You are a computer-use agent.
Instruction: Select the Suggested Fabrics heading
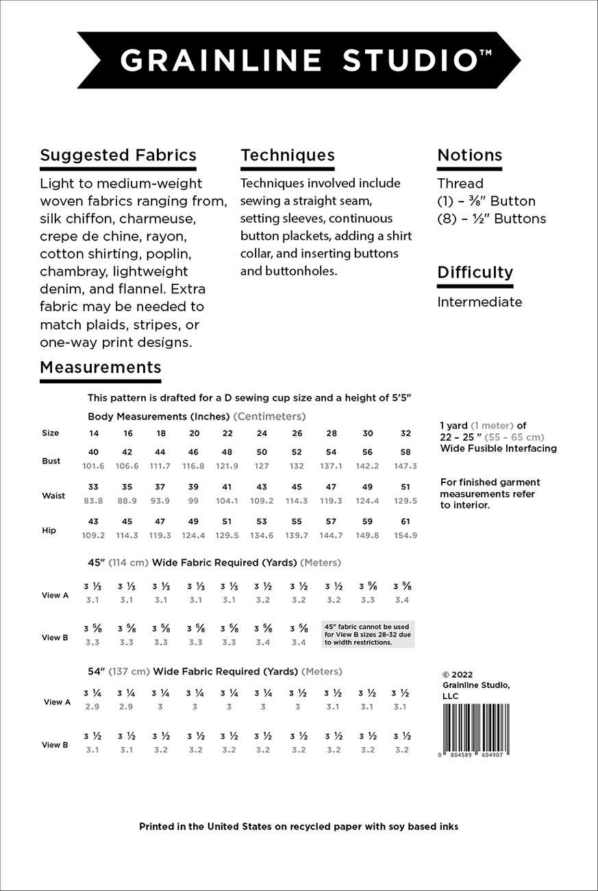click(x=118, y=155)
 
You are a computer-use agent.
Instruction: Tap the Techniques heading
click(x=288, y=155)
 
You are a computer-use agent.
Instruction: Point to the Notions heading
click(x=470, y=155)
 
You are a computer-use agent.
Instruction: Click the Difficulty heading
click(x=475, y=272)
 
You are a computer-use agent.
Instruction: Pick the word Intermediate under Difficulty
click(x=479, y=302)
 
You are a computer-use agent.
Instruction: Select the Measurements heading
click(x=101, y=367)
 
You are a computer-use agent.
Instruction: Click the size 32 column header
click(x=406, y=433)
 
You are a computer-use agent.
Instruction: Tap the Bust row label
click(x=51, y=461)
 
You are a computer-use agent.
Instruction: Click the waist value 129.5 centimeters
click(x=406, y=501)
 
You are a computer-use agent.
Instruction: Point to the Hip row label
click(x=49, y=530)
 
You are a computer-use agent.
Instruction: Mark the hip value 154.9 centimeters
click(x=406, y=535)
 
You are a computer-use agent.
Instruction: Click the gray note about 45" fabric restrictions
click(x=368, y=634)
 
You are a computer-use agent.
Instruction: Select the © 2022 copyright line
click(x=458, y=674)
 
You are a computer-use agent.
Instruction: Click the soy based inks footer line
click(x=299, y=827)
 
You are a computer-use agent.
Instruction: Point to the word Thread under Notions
click(x=460, y=184)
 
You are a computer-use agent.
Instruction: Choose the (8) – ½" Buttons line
click(x=491, y=219)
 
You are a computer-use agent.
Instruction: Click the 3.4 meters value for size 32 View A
click(x=402, y=600)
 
